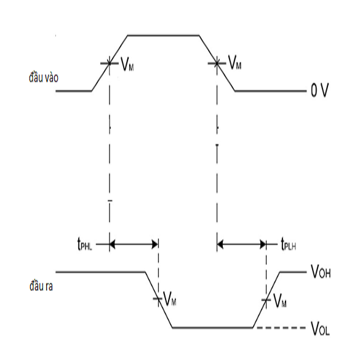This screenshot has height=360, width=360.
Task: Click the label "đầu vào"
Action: pos(44,78)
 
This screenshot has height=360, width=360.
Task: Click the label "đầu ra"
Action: pos(41,286)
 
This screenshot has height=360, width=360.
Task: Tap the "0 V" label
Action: pos(319,90)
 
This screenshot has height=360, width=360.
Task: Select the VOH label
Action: pos(321,271)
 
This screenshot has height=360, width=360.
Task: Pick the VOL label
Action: pos(320,329)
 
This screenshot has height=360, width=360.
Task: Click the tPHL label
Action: pos(85,244)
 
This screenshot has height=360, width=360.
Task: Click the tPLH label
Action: pos(289,244)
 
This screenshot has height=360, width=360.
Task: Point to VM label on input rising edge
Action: pos(127,64)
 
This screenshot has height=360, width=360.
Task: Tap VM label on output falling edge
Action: pos(169,299)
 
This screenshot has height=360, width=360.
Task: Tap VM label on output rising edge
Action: pos(280,300)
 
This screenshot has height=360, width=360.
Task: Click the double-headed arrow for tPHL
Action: pos(134,244)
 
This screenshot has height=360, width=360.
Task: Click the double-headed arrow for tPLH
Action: pos(241,244)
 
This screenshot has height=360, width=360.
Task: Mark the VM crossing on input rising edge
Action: pos(110,63)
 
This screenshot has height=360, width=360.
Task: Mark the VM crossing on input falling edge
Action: pos(217,63)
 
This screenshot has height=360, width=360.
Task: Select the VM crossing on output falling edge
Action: pos(158,298)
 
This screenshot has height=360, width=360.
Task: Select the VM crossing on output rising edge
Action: pos(266,300)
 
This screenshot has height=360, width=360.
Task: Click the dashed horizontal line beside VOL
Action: pos(281,327)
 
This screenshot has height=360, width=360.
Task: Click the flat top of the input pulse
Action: pos(163,35)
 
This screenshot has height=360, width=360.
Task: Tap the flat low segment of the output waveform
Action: pos(212,327)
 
